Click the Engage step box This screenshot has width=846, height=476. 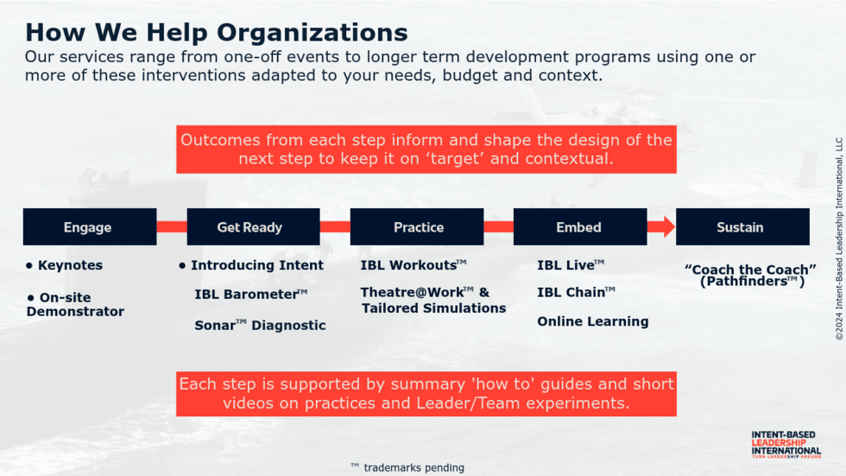point(90,226)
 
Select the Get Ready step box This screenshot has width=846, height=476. point(253,226)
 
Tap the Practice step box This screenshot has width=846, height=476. point(416,226)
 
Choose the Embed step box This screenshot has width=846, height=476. point(580,226)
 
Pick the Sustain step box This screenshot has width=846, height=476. point(742,226)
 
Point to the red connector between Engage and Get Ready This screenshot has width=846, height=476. point(172,226)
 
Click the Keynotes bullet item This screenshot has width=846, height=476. point(64,265)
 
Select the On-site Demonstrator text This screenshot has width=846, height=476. point(75,304)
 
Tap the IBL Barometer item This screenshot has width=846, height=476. point(251,294)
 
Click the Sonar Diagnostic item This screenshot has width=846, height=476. point(260,325)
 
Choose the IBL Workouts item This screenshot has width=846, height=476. point(414,265)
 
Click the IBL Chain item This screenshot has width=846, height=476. point(576,292)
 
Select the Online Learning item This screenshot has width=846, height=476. point(592,321)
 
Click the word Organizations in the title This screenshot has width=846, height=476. point(313,32)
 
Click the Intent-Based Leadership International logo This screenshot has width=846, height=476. point(786,444)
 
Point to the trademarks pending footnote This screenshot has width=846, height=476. point(407,467)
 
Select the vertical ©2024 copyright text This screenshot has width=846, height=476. point(839,239)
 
